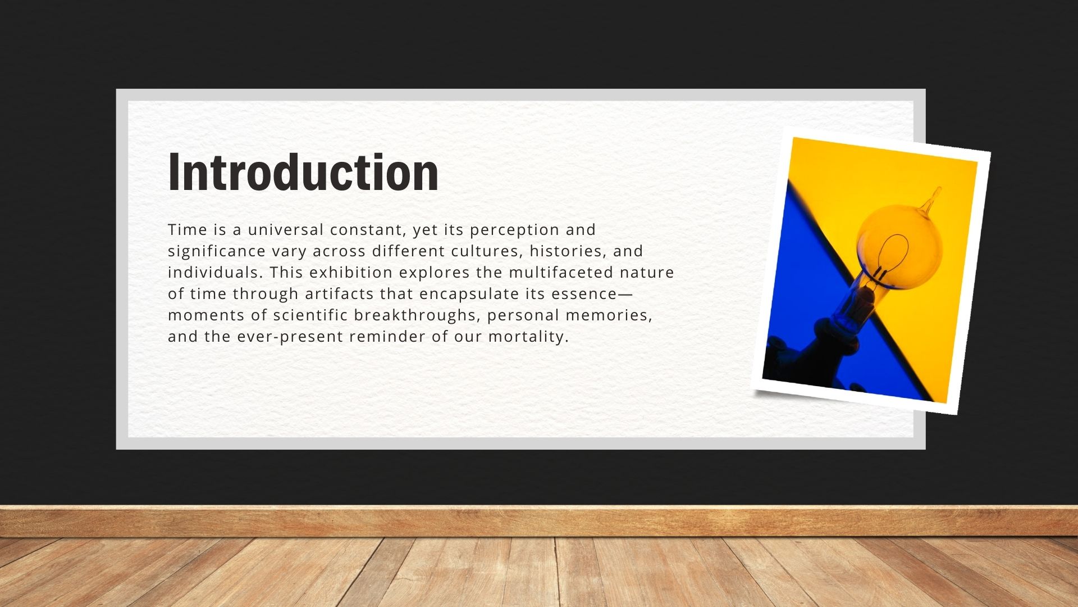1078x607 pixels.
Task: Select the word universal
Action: (x=286, y=229)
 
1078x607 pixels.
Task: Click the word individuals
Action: (x=216, y=272)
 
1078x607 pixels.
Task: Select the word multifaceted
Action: (x=561, y=272)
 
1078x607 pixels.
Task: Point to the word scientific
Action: (x=310, y=315)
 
